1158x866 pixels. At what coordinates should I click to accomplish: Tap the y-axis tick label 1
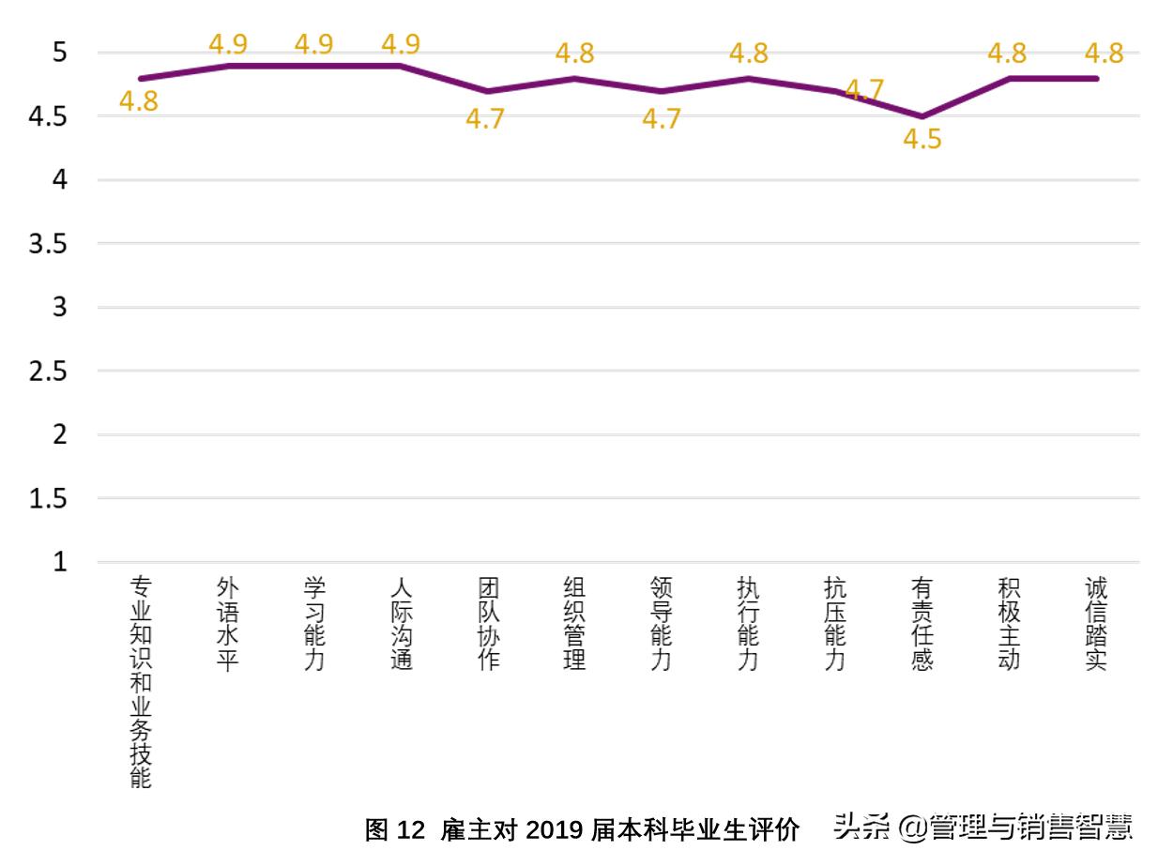(60, 563)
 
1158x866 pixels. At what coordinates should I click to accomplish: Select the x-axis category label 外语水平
(227, 624)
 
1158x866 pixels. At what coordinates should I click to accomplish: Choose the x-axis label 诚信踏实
(1095, 624)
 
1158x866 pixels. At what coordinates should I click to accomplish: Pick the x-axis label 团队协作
(488, 624)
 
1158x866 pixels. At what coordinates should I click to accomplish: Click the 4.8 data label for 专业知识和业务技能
(139, 102)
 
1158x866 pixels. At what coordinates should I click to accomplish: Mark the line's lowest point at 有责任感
(922, 116)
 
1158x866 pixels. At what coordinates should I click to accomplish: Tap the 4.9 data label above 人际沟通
(401, 44)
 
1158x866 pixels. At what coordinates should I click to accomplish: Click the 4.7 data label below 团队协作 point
(486, 120)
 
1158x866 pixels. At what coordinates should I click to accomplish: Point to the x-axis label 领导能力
(662, 624)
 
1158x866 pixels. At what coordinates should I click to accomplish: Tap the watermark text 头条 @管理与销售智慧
(983, 828)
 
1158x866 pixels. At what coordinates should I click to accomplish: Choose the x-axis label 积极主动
(1009, 624)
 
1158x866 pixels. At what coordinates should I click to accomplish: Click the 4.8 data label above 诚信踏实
(1104, 53)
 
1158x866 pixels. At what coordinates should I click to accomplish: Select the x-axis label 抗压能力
(835, 624)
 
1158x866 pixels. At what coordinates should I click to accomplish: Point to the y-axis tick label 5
(60, 53)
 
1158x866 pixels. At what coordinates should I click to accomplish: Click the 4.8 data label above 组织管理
(574, 53)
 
